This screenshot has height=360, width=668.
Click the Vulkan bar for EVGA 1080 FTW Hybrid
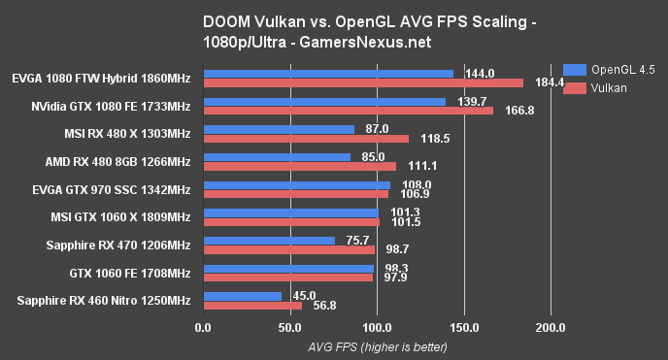tap(363, 82)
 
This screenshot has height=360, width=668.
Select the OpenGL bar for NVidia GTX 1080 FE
tap(324, 101)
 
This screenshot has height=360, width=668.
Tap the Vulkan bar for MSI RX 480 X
tap(306, 138)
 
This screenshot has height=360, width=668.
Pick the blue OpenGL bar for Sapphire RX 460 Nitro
tap(242, 296)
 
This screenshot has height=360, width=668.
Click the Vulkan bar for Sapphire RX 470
tap(288, 249)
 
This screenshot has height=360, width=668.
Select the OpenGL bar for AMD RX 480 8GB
tap(277, 156)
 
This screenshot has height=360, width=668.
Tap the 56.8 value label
tap(322, 307)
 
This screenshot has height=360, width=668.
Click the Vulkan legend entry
tap(593, 87)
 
